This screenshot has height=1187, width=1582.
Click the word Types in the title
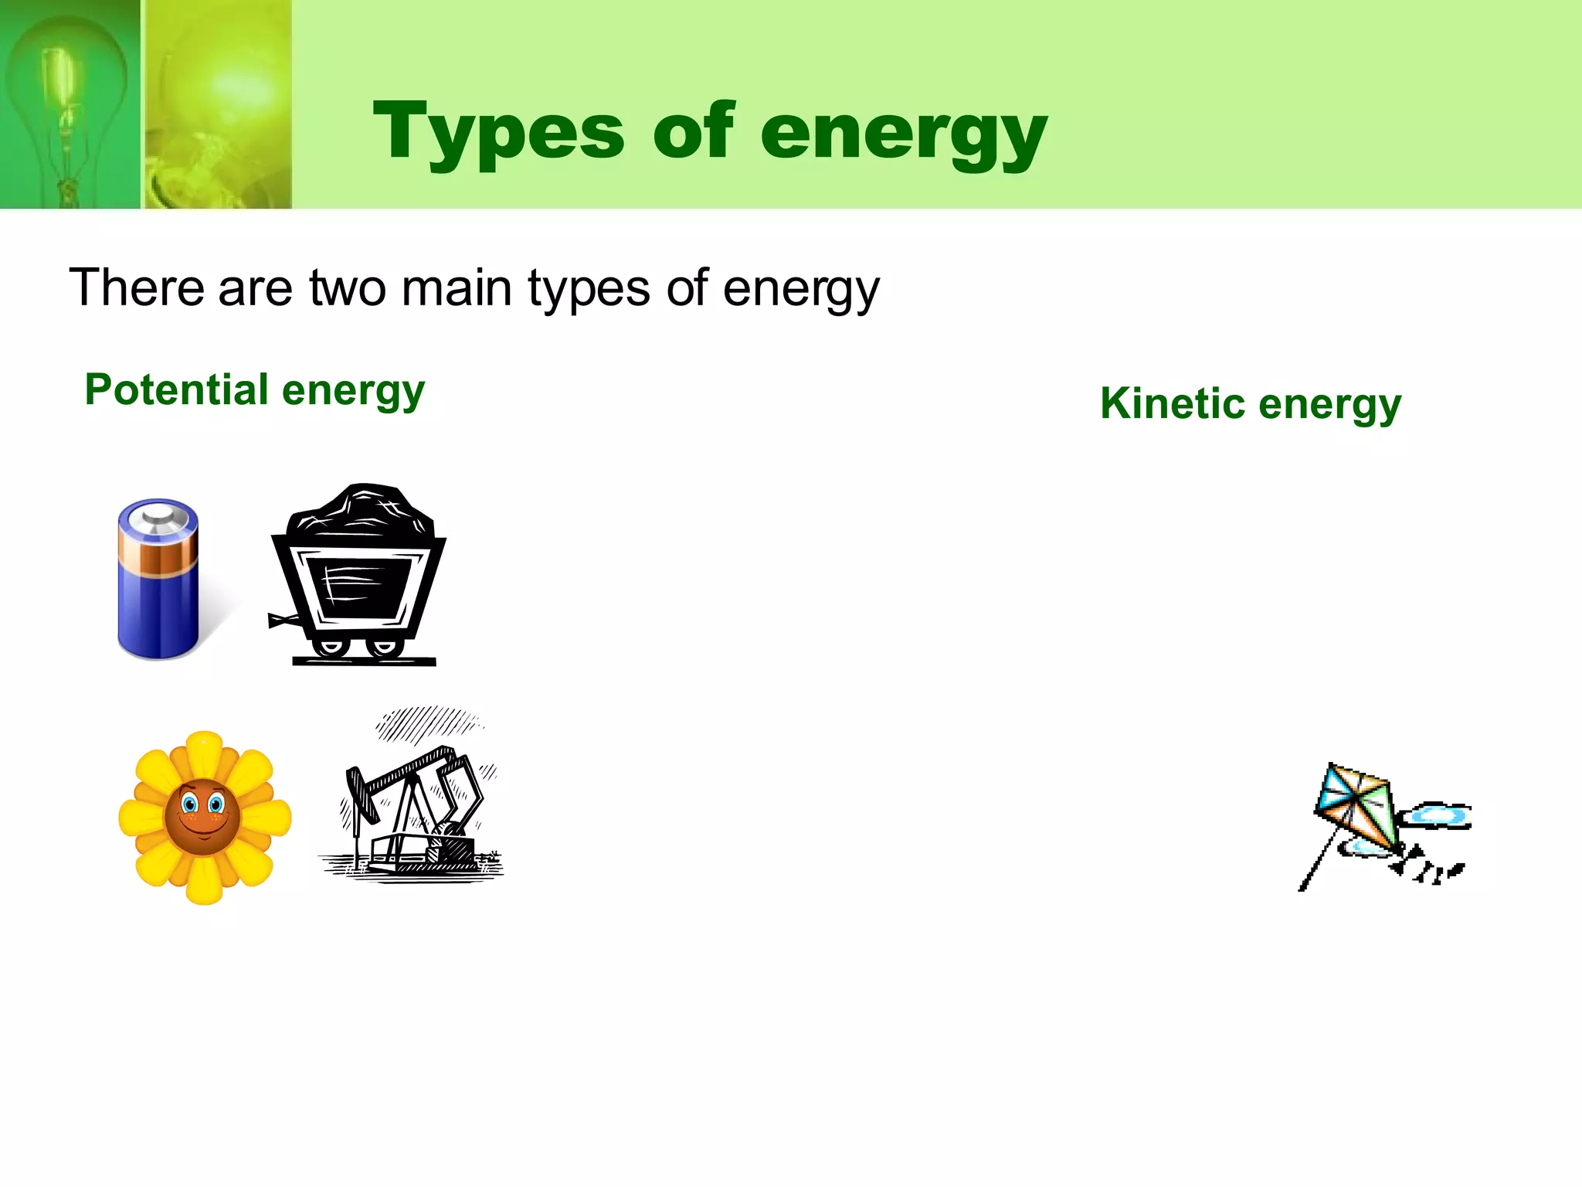click(498, 133)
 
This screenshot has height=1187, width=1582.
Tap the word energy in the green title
click(904, 133)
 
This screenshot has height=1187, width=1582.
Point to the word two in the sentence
click(347, 287)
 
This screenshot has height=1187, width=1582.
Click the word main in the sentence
click(457, 287)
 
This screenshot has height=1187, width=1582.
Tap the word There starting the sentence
click(136, 287)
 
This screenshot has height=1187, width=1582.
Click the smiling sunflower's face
click(202, 815)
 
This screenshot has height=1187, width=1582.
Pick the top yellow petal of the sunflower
click(204, 751)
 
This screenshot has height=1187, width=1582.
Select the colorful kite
click(1358, 808)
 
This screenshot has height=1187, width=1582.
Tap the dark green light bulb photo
click(70, 104)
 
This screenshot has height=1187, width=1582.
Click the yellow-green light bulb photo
click(219, 104)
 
